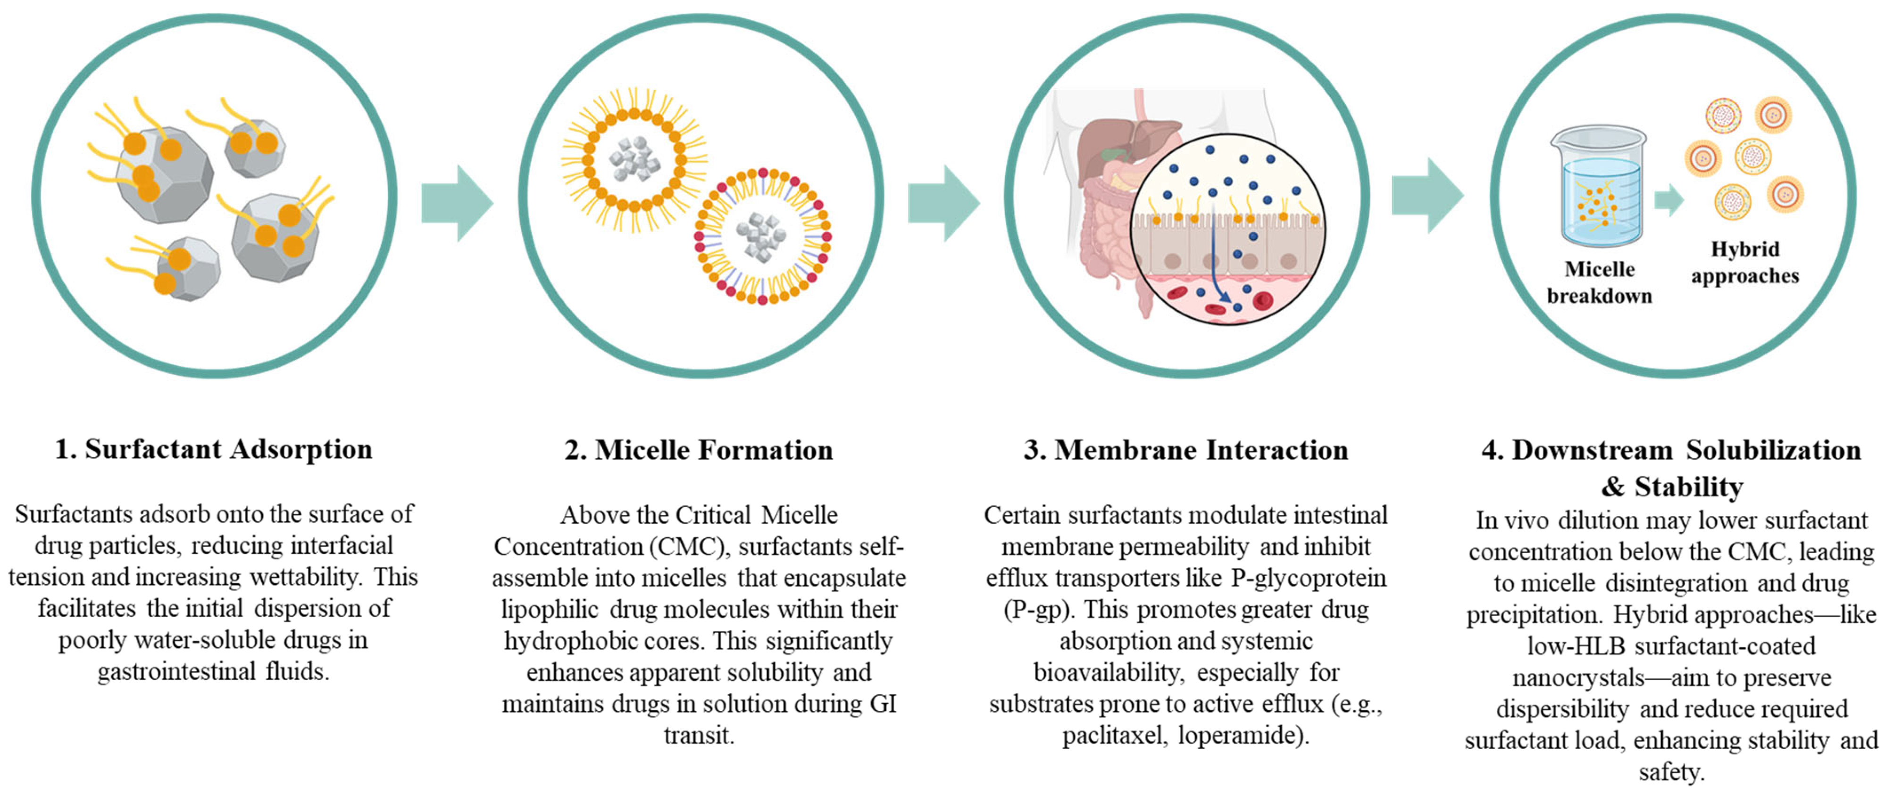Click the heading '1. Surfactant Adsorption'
pos(213,449)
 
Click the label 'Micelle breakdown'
pos(1599,282)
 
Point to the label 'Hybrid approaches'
pos(1745,263)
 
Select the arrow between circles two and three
pos(943,203)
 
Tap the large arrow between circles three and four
pos(1427,196)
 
